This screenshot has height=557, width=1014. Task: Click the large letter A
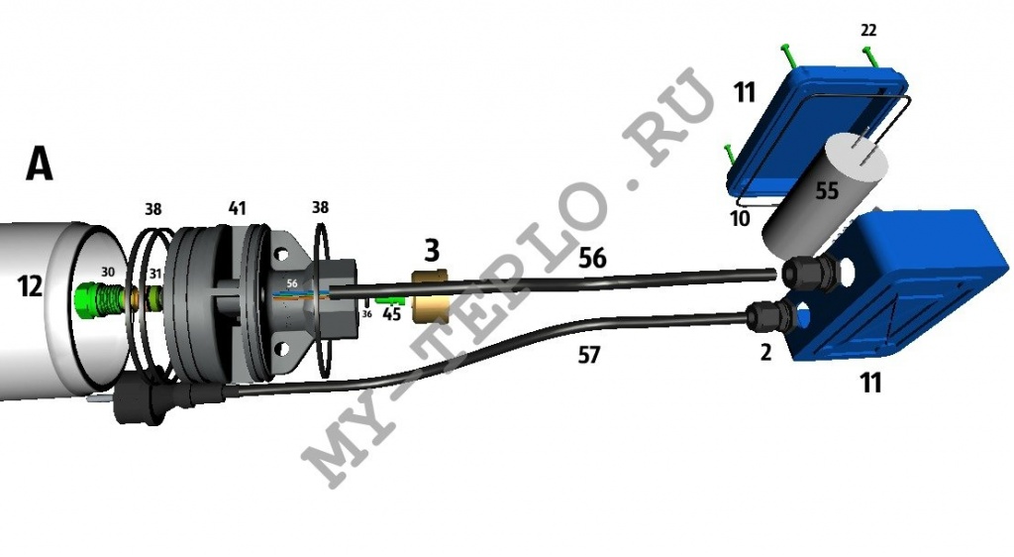tap(40, 163)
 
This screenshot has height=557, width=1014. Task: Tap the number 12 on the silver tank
tap(31, 286)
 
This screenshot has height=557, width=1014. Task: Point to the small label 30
tap(107, 272)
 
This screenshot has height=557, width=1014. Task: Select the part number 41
tap(238, 208)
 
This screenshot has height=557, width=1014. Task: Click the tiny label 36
tap(366, 314)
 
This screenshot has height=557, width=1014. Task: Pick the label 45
tap(392, 314)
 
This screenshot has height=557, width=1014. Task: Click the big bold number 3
tap(432, 250)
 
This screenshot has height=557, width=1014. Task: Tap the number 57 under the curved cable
tap(588, 355)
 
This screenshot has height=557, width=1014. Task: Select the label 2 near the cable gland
tap(765, 353)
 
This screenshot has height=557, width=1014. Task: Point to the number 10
tap(740, 219)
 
